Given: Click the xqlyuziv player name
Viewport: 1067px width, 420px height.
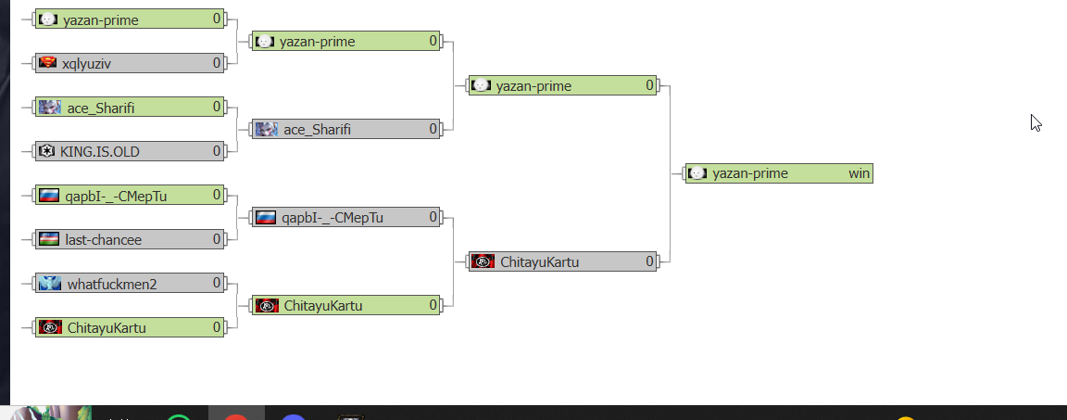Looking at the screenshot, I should click(x=87, y=64).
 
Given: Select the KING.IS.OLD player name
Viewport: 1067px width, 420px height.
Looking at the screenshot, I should click(x=100, y=151).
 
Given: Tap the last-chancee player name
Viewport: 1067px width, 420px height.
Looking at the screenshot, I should click(x=104, y=240).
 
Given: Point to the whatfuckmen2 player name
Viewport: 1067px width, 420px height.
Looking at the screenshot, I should click(x=112, y=284).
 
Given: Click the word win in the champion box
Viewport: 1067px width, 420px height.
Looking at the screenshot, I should click(x=859, y=173).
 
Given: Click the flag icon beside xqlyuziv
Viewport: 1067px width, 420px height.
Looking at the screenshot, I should click(x=47, y=63).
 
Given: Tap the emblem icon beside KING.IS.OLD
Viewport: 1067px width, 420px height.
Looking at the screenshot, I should click(x=46, y=151).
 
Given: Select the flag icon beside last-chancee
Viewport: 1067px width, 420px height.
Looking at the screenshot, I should click(x=48, y=239).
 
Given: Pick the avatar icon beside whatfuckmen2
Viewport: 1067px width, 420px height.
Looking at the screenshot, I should click(x=49, y=284).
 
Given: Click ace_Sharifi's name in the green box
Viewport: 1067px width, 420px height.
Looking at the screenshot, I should click(x=101, y=108).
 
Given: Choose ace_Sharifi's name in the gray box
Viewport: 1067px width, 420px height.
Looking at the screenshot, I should click(x=317, y=130).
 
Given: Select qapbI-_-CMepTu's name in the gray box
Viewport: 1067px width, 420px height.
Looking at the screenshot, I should click(x=333, y=218).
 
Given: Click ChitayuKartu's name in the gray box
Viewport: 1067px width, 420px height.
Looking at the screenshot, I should click(x=539, y=262).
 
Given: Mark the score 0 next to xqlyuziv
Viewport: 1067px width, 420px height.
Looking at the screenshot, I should click(x=217, y=64).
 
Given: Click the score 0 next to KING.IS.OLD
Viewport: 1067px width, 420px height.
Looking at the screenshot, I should click(x=217, y=151).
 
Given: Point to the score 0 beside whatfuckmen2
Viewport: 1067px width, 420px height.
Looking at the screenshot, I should click(x=217, y=284).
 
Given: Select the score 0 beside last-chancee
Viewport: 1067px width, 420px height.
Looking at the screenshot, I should click(x=217, y=240).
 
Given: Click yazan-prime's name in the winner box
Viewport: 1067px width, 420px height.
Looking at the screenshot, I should click(x=750, y=173).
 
